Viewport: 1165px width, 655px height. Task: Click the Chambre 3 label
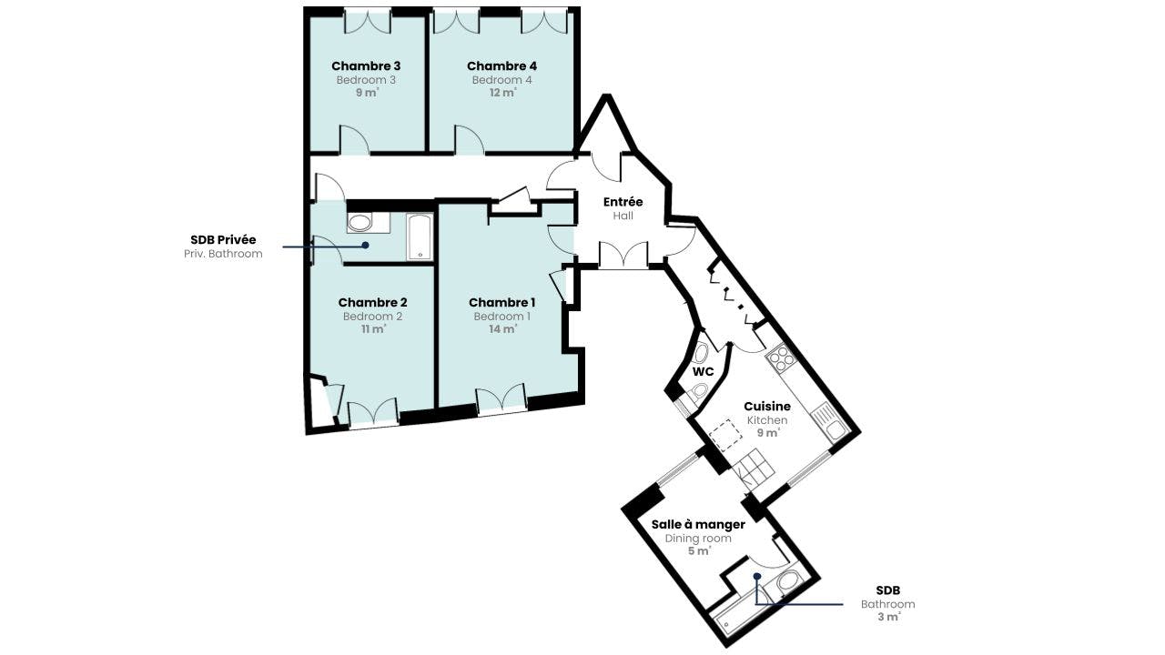tap(366, 66)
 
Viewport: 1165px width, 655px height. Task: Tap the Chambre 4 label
tap(501, 66)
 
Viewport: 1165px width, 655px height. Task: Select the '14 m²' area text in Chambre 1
tap(502, 329)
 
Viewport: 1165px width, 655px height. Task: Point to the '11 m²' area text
tap(373, 329)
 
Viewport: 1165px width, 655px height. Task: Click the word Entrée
tap(623, 202)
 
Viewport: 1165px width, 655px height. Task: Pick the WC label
tap(704, 372)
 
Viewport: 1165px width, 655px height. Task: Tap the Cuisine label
tap(767, 406)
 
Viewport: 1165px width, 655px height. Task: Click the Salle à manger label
tap(698, 525)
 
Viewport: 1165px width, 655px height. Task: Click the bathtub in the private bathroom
tap(420, 237)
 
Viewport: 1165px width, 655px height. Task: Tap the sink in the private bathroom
tap(360, 223)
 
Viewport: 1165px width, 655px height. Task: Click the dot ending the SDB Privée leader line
tap(366, 245)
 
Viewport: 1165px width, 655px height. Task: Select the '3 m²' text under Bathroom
tap(888, 617)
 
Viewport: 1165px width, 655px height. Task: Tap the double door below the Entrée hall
tap(623, 255)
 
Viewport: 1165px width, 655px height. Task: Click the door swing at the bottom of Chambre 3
tap(355, 140)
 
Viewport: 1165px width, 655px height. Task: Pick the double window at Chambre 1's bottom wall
tap(502, 400)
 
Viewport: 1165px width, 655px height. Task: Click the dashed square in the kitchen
tap(725, 435)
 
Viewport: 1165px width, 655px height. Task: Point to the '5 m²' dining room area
tap(699, 551)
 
